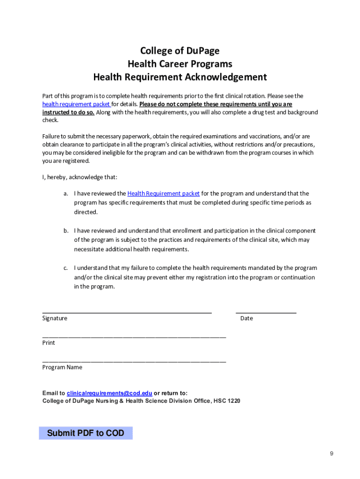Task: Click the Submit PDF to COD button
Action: pyautogui.click(x=86, y=433)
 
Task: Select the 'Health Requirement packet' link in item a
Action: pyautogui.click(x=163, y=193)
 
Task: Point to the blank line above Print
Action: pyautogui.click(x=134, y=336)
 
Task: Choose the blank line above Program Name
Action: pyautogui.click(x=134, y=361)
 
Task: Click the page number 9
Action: pyautogui.click(x=331, y=453)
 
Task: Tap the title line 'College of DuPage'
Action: pyautogui.click(x=180, y=51)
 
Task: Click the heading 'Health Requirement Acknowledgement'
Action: pyautogui.click(x=180, y=77)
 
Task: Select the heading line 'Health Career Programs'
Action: pyautogui.click(x=180, y=64)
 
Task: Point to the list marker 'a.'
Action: pyautogui.click(x=66, y=193)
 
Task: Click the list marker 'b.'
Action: pyautogui.click(x=66, y=231)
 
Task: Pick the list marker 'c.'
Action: pyautogui.click(x=66, y=268)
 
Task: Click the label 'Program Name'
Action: pyautogui.click(x=62, y=367)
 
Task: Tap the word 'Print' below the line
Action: pyautogui.click(x=49, y=343)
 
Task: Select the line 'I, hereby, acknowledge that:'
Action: pyautogui.click(x=80, y=177)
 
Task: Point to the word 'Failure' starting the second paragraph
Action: pyautogui.click(x=52, y=136)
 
